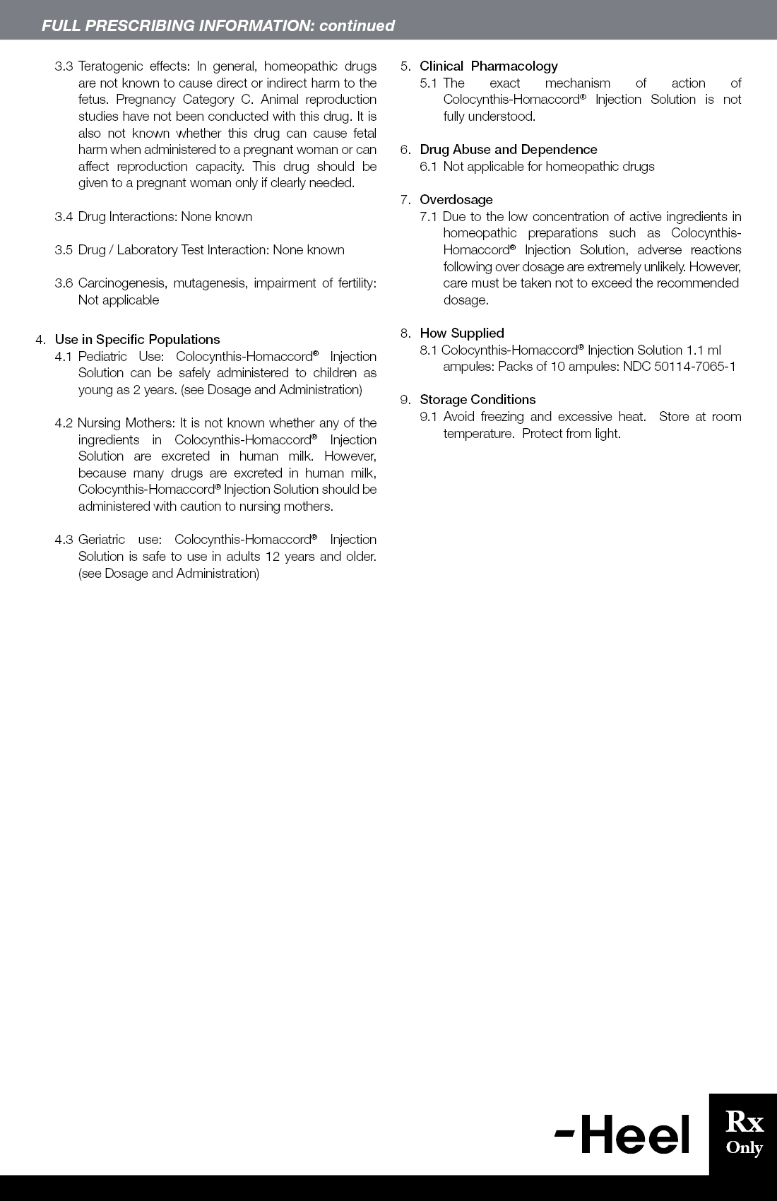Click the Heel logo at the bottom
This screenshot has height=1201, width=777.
tap(622, 1134)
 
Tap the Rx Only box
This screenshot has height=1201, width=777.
tap(744, 1133)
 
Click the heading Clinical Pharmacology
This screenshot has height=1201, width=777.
tap(488, 66)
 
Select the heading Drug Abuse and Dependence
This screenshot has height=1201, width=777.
tap(508, 149)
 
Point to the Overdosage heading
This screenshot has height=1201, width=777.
tap(456, 199)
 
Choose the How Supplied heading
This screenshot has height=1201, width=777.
tap(461, 333)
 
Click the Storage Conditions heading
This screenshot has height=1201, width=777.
tap(478, 399)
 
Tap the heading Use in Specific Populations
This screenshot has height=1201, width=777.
tap(137, 339)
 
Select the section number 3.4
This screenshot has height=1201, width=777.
tap(64, 216)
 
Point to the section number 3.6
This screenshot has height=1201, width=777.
tap(64, 283)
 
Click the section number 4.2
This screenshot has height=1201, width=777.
tap(64, 422)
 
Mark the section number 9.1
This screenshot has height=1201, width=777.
tap(429, 416)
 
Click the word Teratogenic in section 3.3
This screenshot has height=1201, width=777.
tap(110, 66)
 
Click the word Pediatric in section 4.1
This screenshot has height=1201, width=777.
tap(102, 356)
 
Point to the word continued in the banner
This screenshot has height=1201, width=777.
tap(357, 25)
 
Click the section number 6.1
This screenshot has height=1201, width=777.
tap(429, 166)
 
